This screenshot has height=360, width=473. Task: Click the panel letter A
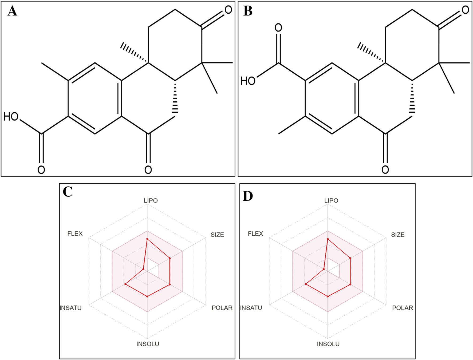tap(12, 11)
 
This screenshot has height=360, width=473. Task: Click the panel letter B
tap(248, 11)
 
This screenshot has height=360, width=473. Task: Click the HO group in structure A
tap(11, 117)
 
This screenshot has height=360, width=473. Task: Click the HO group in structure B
tap(248, 81)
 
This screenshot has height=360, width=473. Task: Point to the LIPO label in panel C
tap(151, 200)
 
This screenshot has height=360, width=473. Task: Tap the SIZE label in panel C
tap(217, 235)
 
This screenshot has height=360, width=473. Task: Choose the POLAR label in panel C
tap(222, 308)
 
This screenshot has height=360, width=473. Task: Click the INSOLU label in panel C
tap(148, 344)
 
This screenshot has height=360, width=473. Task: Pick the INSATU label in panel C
tap(70, 308)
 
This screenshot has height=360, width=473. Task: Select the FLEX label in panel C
tap(75, 234)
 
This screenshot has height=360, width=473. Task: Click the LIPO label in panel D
tap(331, 200)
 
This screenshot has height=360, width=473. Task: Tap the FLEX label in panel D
tap(255, 234)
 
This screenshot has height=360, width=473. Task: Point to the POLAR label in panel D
tap(402, 308)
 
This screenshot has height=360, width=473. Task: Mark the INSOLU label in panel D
tap(328, 344)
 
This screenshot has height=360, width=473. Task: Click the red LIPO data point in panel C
tap(147, 239)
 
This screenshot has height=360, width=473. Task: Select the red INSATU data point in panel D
tap(306, 284)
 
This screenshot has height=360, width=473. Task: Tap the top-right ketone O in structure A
tap(228, 10)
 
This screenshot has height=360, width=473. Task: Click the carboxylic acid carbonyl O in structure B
tap(278, 27)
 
